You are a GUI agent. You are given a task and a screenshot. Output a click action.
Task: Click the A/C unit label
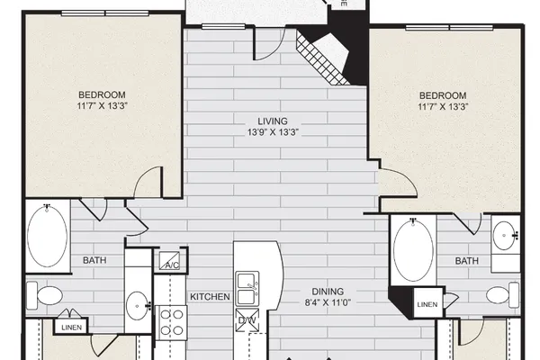tap(172, 265)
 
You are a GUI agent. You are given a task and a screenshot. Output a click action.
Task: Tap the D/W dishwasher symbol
tap(247, 320)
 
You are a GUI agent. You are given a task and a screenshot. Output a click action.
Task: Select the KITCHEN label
tap(210, 297)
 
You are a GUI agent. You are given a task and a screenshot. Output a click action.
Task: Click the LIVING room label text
tap(273, 121)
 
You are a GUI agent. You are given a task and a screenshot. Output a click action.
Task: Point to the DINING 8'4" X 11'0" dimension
tap(328, 302)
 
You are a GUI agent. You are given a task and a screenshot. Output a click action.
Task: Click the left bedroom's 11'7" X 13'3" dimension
tap(103, 105)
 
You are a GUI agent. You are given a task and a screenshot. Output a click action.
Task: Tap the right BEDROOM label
tap(443, 95)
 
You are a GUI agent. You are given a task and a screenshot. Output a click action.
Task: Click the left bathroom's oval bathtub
tap(47, 236)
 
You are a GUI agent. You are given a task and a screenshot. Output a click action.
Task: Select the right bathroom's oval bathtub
tap(413, 250)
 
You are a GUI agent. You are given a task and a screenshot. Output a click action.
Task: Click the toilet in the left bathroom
tap(45, 295)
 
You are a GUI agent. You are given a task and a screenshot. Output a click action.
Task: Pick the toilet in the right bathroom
tap(502, 295)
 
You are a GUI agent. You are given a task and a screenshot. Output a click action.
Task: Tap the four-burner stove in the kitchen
tap(172, 323)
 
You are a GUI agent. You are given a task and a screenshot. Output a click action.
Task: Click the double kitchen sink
tap(247, 289)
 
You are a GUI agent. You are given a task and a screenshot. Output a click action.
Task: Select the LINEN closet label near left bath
tap(72, 328)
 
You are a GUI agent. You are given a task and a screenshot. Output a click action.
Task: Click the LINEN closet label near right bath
tap(427, 304)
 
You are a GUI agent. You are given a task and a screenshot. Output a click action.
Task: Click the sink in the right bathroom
tap(505, 236)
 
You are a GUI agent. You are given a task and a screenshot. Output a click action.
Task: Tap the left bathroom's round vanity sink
tap(138, 306)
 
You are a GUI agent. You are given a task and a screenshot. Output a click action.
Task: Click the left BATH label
tap(94, 260)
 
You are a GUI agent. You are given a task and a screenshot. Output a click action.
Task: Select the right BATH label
tap(467, 261)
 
